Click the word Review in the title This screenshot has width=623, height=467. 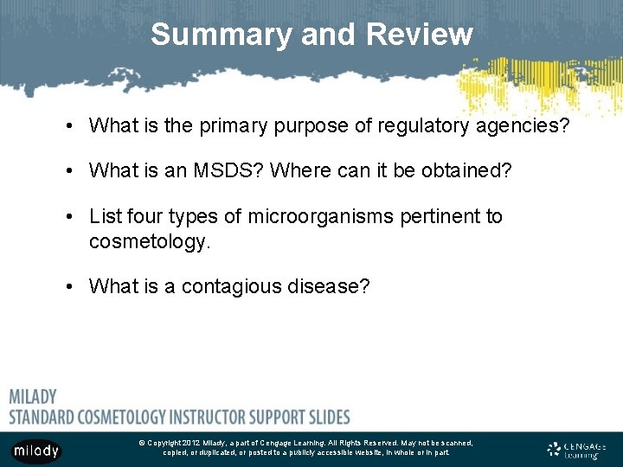tap(420, 35)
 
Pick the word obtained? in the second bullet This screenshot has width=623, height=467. tap(466, 171)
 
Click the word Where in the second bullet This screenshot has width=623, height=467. tap(296, 171)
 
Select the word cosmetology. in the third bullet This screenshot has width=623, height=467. tap(150, 241)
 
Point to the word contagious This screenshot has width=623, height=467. tap(234, 286)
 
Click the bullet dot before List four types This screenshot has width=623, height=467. tap(68, 217)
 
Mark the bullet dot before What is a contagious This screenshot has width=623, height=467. tap(68, 287)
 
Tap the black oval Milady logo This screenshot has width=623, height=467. tap(35, 450)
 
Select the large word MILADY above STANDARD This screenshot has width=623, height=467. tap(33, 397)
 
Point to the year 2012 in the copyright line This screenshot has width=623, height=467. tap(192, 443)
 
